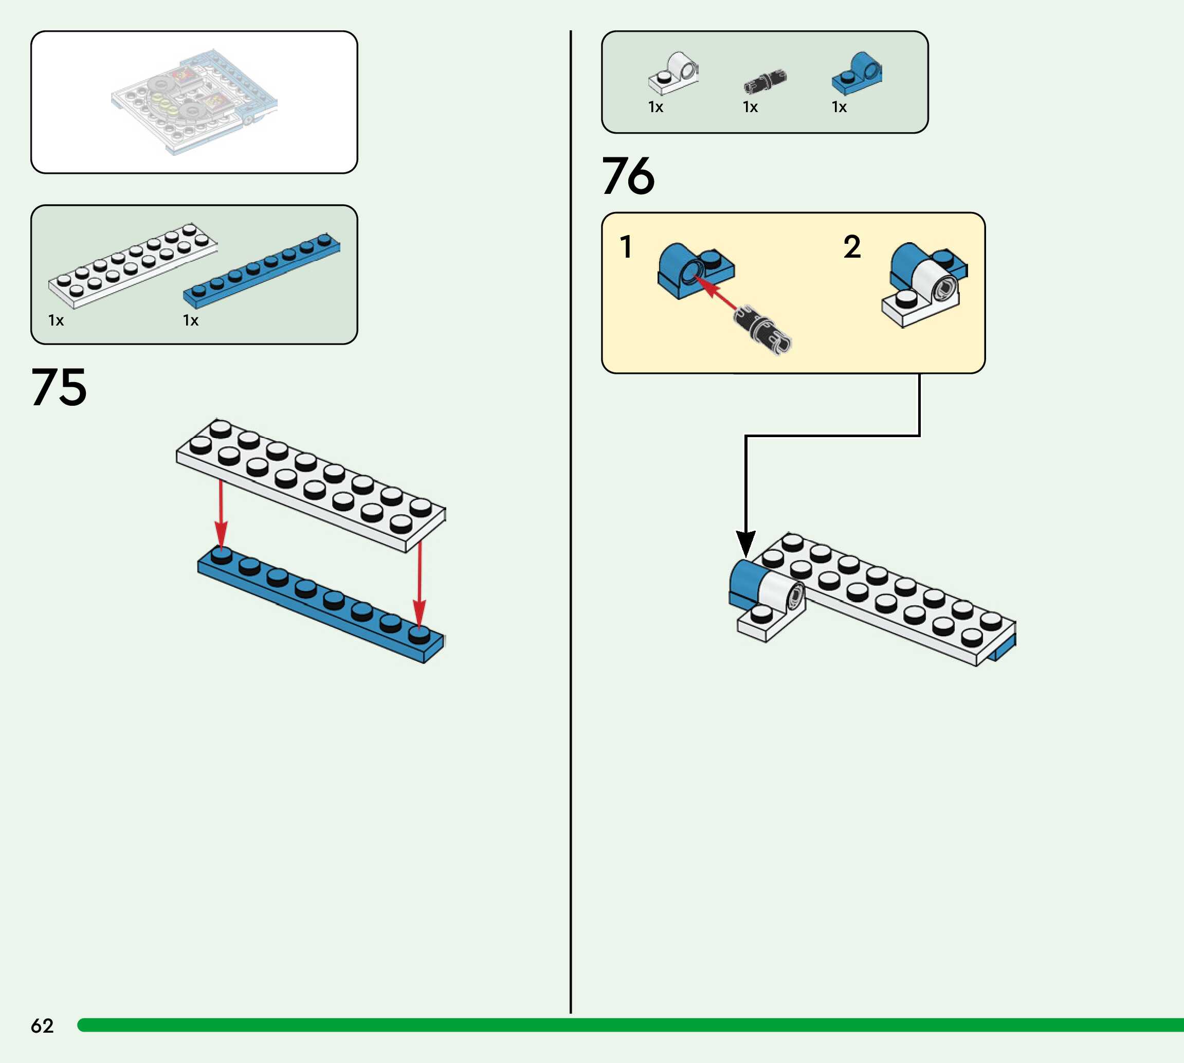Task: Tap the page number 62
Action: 42,1025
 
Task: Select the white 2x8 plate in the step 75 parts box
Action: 133,266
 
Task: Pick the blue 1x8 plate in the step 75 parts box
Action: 262,271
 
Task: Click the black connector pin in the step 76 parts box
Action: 765,82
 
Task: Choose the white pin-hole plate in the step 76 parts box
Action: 673,73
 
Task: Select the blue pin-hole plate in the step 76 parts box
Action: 857,73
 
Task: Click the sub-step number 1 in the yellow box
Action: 626,246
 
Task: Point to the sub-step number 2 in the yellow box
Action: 852,246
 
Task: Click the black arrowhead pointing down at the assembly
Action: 745,544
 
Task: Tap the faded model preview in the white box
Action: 194,102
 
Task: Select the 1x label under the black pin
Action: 750,107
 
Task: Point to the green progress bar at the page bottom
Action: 630,1025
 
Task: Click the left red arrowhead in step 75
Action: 221,534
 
